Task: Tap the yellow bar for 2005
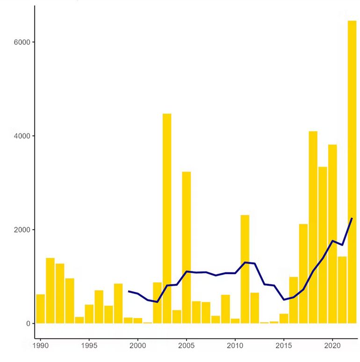tap(187, 247)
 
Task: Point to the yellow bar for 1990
tap(41, 309)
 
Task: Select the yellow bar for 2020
tap(332, 234)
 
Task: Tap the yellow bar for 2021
tap(342, 290)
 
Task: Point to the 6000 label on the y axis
tap(22, 42)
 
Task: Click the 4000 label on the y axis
tap(22, 136)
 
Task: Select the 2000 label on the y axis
tap(22, 230)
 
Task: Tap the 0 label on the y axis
tap(28, 324)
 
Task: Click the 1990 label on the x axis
tap(40, 346)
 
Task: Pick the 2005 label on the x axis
tap(187, 346)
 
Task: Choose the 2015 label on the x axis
tap(284, 346)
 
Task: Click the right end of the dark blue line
tap(352, 218)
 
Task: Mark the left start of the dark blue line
tap(129, 291)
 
